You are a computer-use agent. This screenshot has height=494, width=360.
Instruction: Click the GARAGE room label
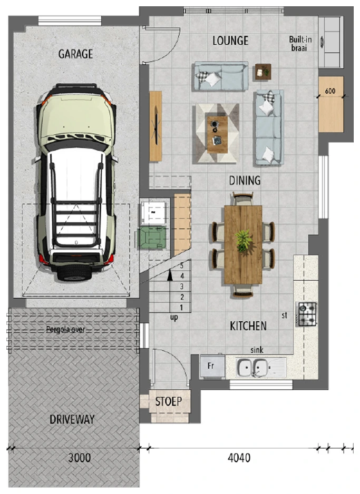pos(76,54)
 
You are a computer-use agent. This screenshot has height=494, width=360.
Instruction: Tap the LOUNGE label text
pos(230,41)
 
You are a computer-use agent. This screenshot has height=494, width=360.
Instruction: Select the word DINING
pos(245,181)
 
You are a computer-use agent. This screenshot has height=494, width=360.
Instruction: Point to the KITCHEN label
pos(248,326)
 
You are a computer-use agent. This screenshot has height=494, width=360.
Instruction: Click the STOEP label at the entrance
pos(169,401)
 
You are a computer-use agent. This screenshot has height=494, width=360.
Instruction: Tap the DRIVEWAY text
pos(72,419)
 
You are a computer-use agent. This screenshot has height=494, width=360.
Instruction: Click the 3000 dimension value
pos(80,458)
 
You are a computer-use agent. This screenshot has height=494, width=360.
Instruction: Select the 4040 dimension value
pos(239,458)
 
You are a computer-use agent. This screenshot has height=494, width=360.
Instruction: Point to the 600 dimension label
pos(330,91)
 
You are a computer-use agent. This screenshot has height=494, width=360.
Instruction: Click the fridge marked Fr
pos(212,366)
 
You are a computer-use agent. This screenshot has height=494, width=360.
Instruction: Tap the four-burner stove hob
pos(307,314)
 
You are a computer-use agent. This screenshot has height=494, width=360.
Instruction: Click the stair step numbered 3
pos(181,286)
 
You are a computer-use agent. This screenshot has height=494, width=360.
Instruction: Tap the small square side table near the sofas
pos(263,72)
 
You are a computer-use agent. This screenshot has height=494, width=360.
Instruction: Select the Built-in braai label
pos(300,44)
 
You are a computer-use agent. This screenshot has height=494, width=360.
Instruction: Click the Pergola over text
pos(65,330)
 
